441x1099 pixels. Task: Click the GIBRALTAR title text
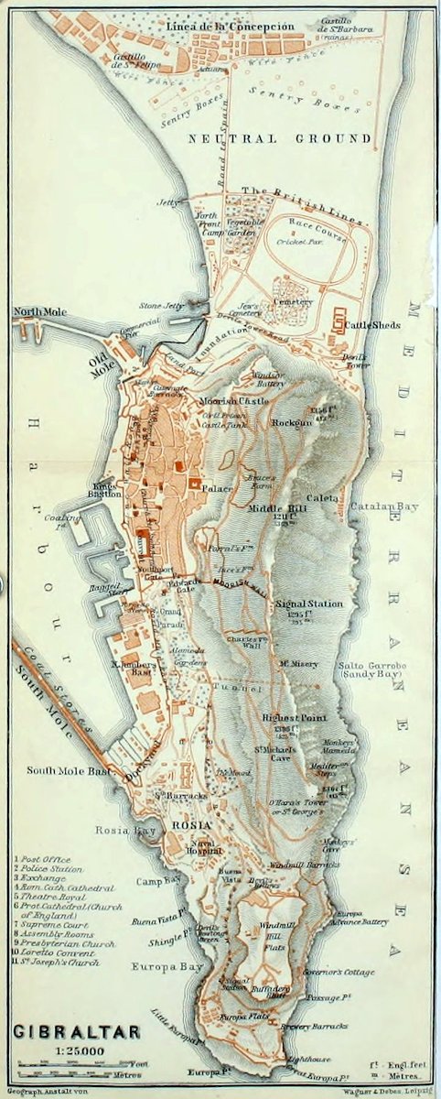click(x=77, y=1032)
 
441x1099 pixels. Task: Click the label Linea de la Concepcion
click(x=230, y=27)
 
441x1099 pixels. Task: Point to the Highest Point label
click(x=295, y=718)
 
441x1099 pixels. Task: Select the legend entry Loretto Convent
click(x=59, y=952)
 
